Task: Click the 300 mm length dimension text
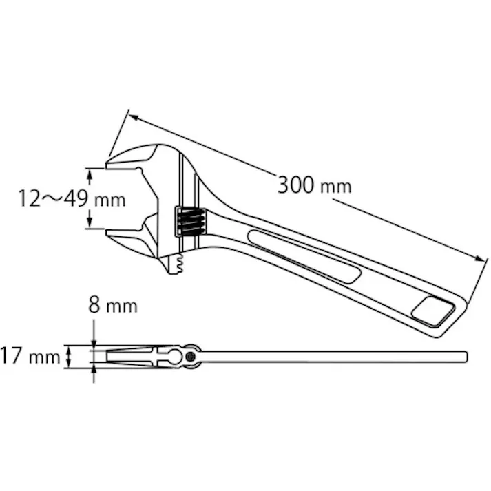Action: pyautogui.click(x=314, y=185)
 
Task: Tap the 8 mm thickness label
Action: pyautogui.click(x=112, y=305)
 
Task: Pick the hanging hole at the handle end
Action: pyautogui.click(x=432, y=311)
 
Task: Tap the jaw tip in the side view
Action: pyautogui.click(x=110, y=356)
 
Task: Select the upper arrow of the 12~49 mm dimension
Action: pyautogui.click(x=89, y=172)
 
